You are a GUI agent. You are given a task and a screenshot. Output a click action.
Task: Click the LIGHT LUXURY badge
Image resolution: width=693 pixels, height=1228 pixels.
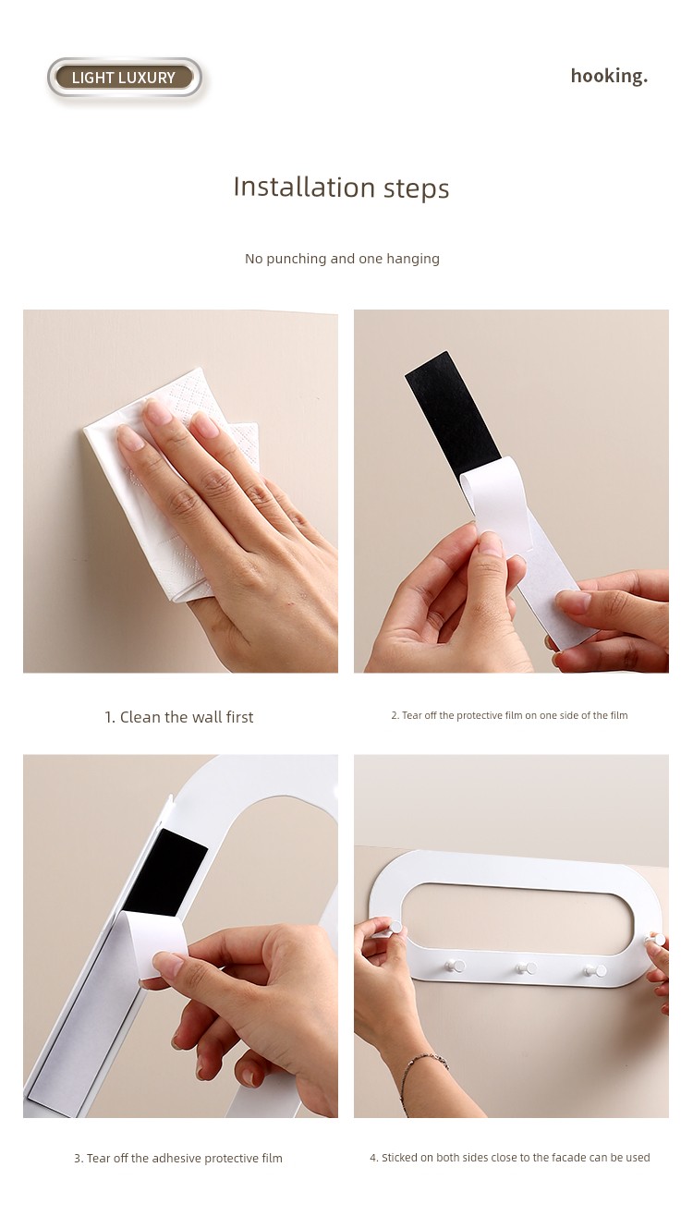tap(125, 78)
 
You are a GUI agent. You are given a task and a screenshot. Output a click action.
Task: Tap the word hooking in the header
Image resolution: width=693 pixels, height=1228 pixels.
tap(609, 76)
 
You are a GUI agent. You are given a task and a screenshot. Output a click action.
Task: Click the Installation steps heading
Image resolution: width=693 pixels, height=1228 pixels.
tap(341, 188)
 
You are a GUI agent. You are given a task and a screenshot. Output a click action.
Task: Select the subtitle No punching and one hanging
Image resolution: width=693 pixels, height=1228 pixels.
tap(342, 259)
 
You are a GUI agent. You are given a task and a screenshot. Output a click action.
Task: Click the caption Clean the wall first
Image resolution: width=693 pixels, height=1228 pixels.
tap(179, 717)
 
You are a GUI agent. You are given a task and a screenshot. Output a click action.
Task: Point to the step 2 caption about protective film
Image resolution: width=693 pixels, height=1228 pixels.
tap(509, 715)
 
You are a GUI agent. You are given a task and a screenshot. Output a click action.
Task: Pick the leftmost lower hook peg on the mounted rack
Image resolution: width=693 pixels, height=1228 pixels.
tap(454, 966)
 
